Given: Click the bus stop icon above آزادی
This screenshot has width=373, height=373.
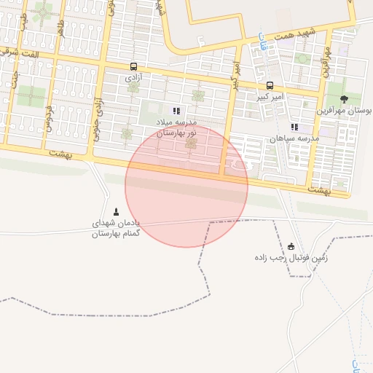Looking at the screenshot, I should point(133,66).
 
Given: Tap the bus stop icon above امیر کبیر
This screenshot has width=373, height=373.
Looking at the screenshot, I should point(270,85).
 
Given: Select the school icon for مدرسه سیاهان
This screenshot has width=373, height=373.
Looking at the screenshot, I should point(294,127).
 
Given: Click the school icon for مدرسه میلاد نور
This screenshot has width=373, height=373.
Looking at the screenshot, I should point(176,111).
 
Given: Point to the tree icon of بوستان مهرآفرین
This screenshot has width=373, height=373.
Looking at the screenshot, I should point(344,100).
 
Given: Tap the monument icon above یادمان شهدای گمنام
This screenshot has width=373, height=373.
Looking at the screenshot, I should point(116,211).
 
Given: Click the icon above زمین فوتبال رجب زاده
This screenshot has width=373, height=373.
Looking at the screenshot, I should point(291,246).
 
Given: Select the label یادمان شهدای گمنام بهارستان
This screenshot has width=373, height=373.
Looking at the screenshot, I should point(116,228).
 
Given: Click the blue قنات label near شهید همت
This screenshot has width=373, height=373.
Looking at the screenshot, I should point(262,45).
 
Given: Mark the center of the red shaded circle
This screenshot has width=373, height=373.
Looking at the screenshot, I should point(186,186).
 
